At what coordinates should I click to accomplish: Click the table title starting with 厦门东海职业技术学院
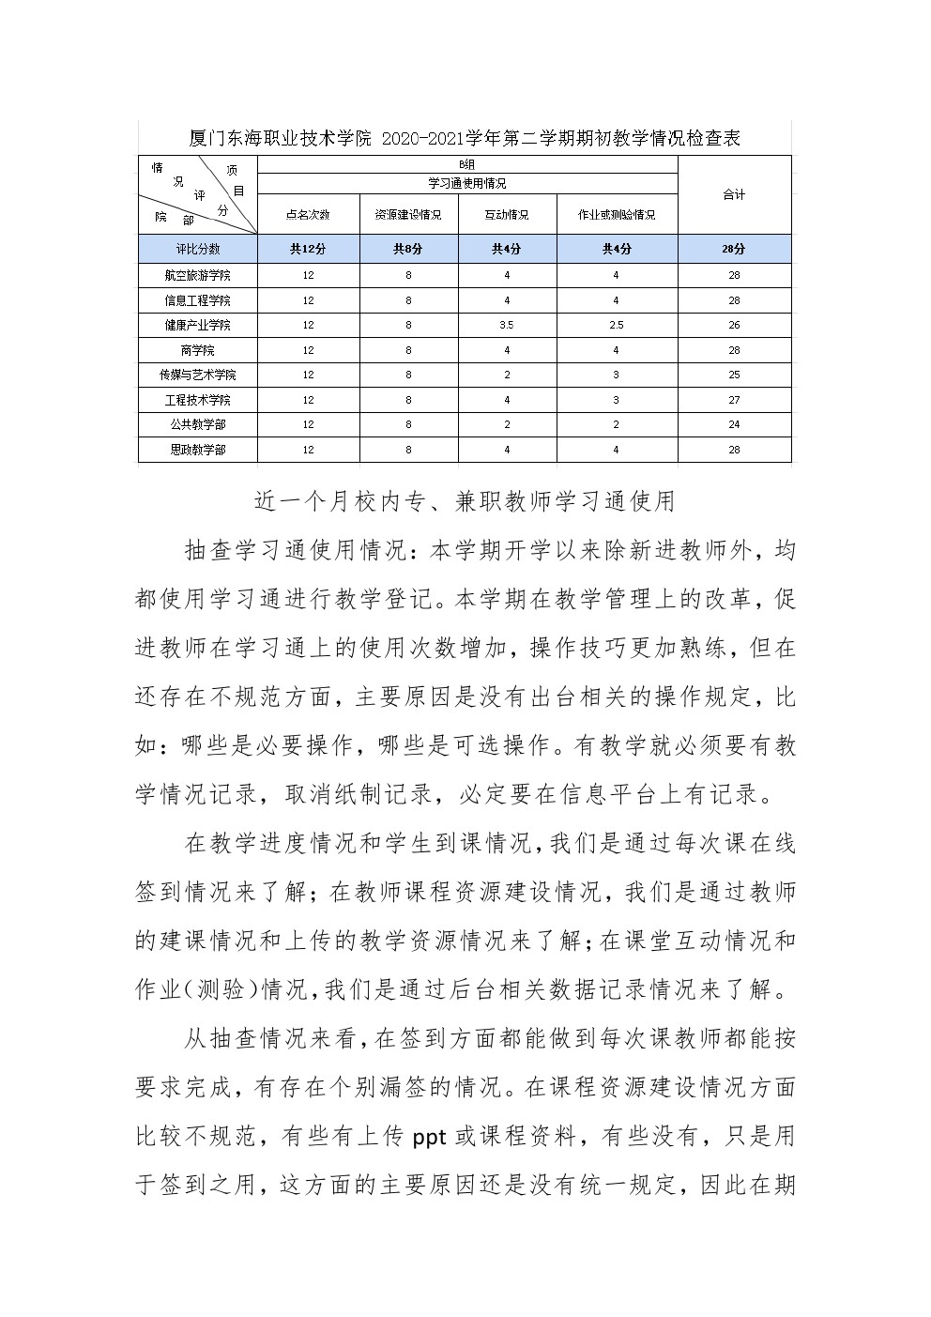pos(465,139)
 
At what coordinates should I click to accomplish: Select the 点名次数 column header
pos(308,215)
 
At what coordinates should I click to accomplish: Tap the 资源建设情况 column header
pos(408,215)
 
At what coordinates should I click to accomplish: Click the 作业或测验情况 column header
pos(617,215)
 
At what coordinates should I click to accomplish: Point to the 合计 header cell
pos(734,194)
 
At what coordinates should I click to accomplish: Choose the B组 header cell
pos(466,164)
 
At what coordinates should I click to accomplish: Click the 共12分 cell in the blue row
pos(308,250)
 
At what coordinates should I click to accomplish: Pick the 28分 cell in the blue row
pos(734,250)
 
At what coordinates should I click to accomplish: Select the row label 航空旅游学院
pos(197,276)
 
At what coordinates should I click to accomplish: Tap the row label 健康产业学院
pos(197,326)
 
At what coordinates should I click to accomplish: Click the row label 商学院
pos(197,350)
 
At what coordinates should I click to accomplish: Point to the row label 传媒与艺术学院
pos(197,375)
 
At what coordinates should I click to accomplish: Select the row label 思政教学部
pos(197,450)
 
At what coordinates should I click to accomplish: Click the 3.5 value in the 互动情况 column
pos(507,326)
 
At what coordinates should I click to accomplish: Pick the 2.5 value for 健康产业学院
pos(617,326)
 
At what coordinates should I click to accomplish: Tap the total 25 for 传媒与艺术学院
pos(734,375)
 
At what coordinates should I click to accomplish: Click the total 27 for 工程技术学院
pos(734,400)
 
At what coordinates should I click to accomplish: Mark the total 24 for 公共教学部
pos(734,424)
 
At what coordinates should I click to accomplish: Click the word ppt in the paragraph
pos(429,1138)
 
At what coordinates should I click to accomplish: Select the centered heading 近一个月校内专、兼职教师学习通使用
pos(465,501)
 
